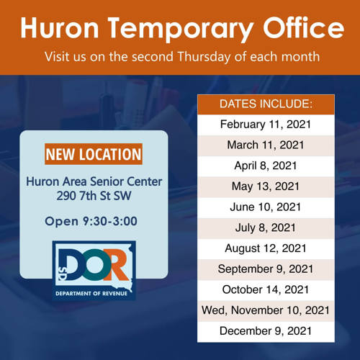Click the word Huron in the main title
point(60,27)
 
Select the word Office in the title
point(304,27)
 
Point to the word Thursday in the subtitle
point(204,57)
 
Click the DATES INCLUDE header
point(266,104)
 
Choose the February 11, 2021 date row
point(266,125)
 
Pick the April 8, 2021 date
point(266,166)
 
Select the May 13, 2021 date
point(266,186)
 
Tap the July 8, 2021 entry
point(266,228)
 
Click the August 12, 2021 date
point(266,248)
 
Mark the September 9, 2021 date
point(266,269)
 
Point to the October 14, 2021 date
point(266,289)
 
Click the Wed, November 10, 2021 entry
point(266,310)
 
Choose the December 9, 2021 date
point(266,331)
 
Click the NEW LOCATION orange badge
point(94,154)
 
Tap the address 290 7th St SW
point(94,196)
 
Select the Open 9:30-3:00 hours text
point(91,221)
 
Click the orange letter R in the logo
point(116,265)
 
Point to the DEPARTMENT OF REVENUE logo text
point(91,294)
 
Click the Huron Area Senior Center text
point(94,181)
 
